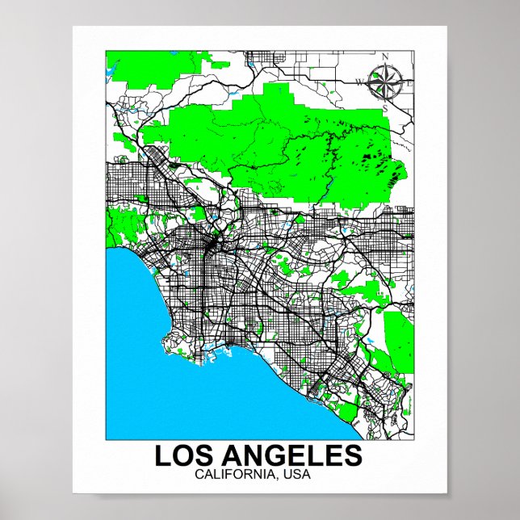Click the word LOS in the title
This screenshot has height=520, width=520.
(x=181, y=455)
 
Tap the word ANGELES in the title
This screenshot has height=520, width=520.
(x=288, y=455)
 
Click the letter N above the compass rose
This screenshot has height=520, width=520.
(x=385, y=56)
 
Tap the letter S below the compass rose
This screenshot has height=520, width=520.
(x=385, y=107)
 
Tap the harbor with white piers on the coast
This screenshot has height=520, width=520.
(x=216, y=347)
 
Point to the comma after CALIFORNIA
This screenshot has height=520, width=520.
(x=278, y=476)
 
